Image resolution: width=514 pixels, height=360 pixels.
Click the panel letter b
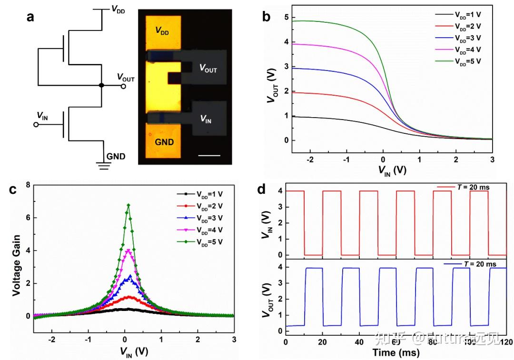[267, 18]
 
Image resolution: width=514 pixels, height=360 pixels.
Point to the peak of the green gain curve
[128, 205]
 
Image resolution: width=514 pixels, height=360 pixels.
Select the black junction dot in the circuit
[101, 86]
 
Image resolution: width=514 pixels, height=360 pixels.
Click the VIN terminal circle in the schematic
[35, 125]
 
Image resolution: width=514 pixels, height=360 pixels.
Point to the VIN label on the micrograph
[206, 120]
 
